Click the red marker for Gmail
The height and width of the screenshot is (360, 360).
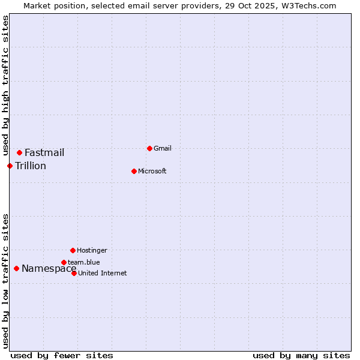(x=149, y=148)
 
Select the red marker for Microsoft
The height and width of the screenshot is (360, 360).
(x=134, y=171)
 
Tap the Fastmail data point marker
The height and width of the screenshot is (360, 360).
(x=19, y=152)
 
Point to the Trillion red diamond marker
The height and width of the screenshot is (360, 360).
(x=10, y=166)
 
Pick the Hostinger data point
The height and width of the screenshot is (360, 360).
(x=73, y=250)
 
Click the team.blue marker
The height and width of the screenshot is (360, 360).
(x=64, y=262)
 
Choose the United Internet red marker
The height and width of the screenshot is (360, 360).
(x=74, y=273)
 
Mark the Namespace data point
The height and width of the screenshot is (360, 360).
(x=16, y=268)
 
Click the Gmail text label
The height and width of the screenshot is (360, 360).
(x=163, y=148)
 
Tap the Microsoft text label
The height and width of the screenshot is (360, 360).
(x=152, y=171)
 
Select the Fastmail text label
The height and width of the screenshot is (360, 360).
(x=44, y=152)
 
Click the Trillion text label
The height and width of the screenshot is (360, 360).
(x=31, y=166)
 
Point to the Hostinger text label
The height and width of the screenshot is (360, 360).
(x=92, y=250)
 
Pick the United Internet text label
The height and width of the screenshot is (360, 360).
(x=103, y=273)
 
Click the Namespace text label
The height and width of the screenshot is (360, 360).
(x=49, y=268)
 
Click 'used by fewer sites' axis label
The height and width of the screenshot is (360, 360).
(x=62, y=355)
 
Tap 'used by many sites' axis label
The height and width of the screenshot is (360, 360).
(x=301, y=355)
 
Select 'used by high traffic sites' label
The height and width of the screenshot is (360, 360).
(x=5, y=85)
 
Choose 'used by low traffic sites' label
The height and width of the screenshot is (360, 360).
(x=5, y=280)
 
